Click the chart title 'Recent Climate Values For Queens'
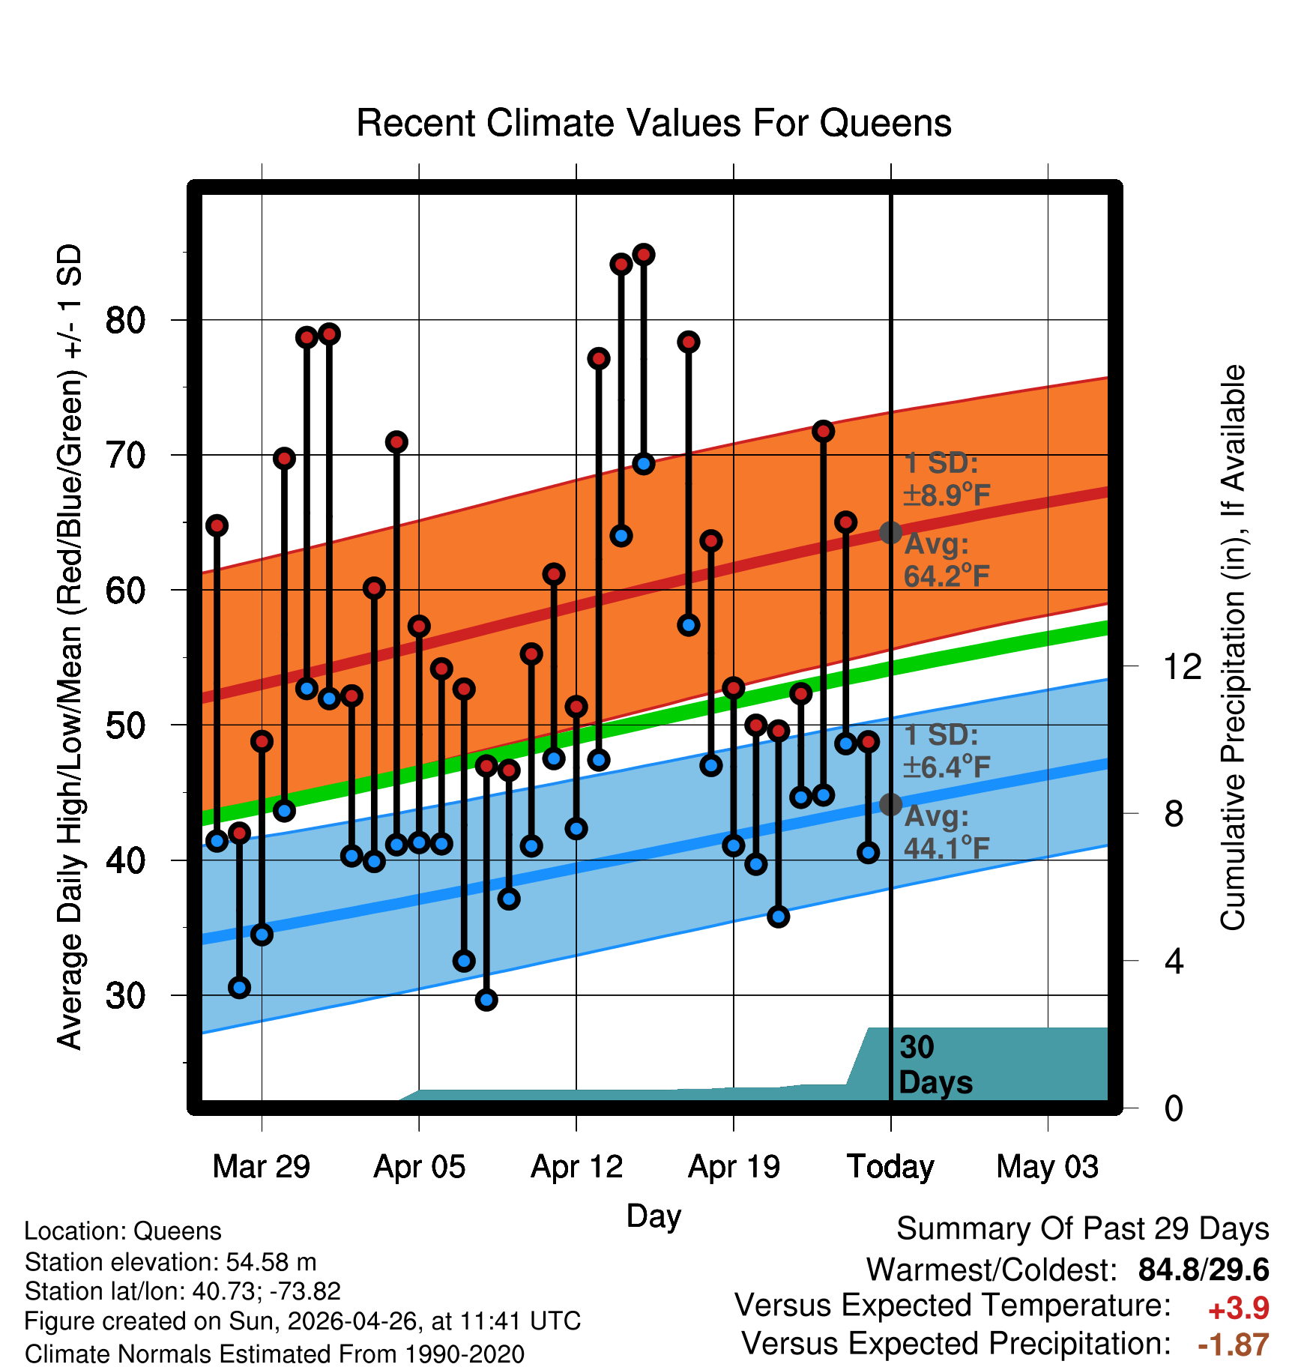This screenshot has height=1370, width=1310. click(654, 123)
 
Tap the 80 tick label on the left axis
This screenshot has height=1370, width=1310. click(126, 321)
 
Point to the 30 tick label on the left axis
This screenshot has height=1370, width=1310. click(126, 996)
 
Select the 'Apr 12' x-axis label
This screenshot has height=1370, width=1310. click(576, 1167)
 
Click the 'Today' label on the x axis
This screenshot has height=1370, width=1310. click(890, 1167)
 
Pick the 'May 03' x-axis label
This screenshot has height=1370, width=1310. click(1048, 1167)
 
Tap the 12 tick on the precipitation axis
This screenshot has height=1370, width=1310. click(1183, 666)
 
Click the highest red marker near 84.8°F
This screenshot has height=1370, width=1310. click(644, 255)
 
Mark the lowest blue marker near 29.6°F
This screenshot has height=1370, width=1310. click(486, 1000)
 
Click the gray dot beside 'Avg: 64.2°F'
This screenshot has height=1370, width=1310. click(890, 533)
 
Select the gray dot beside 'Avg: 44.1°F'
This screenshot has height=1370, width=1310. click(890, 804)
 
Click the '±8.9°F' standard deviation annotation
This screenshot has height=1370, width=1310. click(947, 495)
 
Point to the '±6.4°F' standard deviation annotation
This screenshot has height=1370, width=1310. click(947, 767)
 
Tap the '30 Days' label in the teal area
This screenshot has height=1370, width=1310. click(935, 1065)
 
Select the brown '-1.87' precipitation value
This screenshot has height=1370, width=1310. click(1234, 1345)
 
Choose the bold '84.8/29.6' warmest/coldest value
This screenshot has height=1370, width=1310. click(1204, 1270)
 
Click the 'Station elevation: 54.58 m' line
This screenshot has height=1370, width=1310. click(171, 1262)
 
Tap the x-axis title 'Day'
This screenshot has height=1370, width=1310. click(654, 1216)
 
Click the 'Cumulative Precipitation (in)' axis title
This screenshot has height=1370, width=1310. click(1233, 648)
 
